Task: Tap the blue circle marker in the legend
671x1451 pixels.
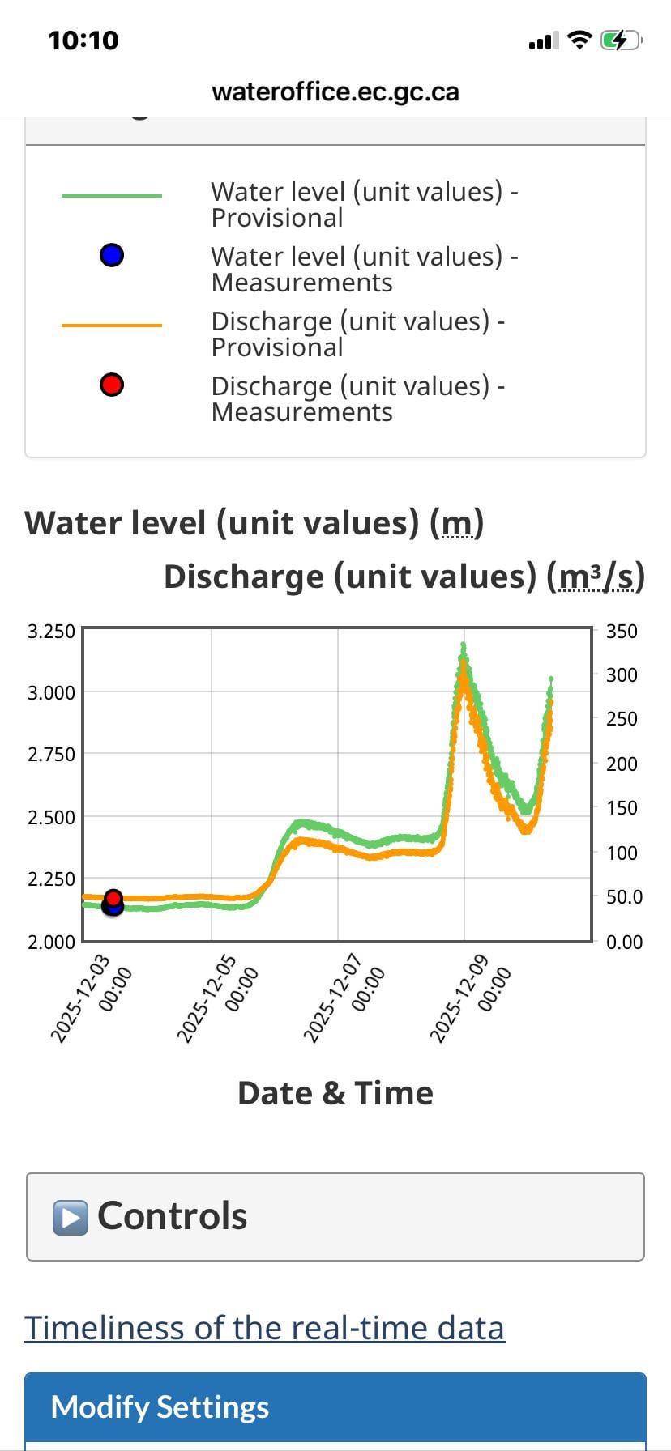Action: click(112, 256)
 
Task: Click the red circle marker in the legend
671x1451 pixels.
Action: click(112, 385)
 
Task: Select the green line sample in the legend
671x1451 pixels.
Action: click(112, 196)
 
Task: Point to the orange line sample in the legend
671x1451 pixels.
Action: click(112, 326)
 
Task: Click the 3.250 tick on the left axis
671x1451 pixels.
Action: click(51, 632)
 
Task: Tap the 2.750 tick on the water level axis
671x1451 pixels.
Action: click(51, 755)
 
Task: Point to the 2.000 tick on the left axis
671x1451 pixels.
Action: click(51, 942)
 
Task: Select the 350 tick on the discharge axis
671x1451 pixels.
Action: click(622, 632)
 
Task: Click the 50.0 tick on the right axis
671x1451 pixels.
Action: click(624, 897)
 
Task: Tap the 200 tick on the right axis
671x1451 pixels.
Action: click(622, 764)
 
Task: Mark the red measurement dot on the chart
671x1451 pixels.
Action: click(113, 898)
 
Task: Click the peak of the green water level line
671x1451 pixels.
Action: click(464, 645)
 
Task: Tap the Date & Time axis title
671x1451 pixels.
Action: click(335, 1093)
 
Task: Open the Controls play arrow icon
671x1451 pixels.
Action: click(71, 1217)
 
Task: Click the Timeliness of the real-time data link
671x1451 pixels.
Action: click(264, 1328)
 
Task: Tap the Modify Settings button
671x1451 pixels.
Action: click(335, 1407)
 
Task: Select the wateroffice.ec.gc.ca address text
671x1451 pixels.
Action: click(335, 91)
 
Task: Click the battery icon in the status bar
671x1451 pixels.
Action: click(620, 40)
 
